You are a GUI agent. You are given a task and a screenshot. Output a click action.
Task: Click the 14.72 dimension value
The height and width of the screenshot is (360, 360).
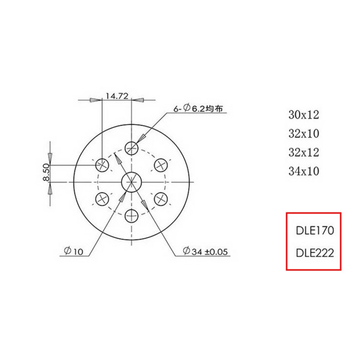coord(117,96)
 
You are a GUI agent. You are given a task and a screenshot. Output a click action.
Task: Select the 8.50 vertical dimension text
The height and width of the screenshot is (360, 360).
coord(46,172)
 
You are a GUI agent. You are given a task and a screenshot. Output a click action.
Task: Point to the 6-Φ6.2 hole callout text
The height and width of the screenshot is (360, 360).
coord(198,108)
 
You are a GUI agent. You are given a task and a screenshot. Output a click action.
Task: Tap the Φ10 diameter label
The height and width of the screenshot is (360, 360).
coord(74,251)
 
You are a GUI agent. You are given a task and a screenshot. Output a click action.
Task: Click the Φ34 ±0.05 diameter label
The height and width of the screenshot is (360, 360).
coord(205,251)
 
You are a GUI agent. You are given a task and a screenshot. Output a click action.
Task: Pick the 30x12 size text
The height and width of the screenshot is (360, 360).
coord(304,115)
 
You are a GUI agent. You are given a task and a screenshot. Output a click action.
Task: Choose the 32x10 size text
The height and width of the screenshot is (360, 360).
coord(304,133)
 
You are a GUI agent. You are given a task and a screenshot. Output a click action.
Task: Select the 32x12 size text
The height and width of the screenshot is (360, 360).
coord(304,152)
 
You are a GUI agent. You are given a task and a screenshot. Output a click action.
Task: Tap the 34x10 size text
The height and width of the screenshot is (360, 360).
coord(304,171)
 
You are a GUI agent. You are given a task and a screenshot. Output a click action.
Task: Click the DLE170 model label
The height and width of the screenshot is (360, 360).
coord(315,230)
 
